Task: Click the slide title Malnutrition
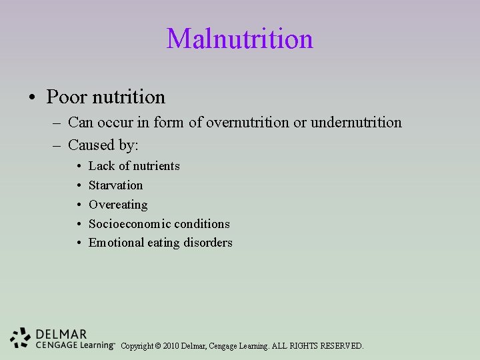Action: click(240, 39)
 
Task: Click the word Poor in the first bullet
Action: click(66, 97)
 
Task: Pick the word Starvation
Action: click(115, 185)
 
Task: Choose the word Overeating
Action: click(118, 205)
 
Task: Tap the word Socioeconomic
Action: click(130, 224)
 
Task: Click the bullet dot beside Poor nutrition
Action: click(33, 98)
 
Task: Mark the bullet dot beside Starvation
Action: click(79, 185)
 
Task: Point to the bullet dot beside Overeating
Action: click(79, 205)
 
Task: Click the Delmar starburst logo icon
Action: click(21, 337)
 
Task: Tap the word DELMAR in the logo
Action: click(61, 333)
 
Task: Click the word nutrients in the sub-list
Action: click(156, 166)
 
